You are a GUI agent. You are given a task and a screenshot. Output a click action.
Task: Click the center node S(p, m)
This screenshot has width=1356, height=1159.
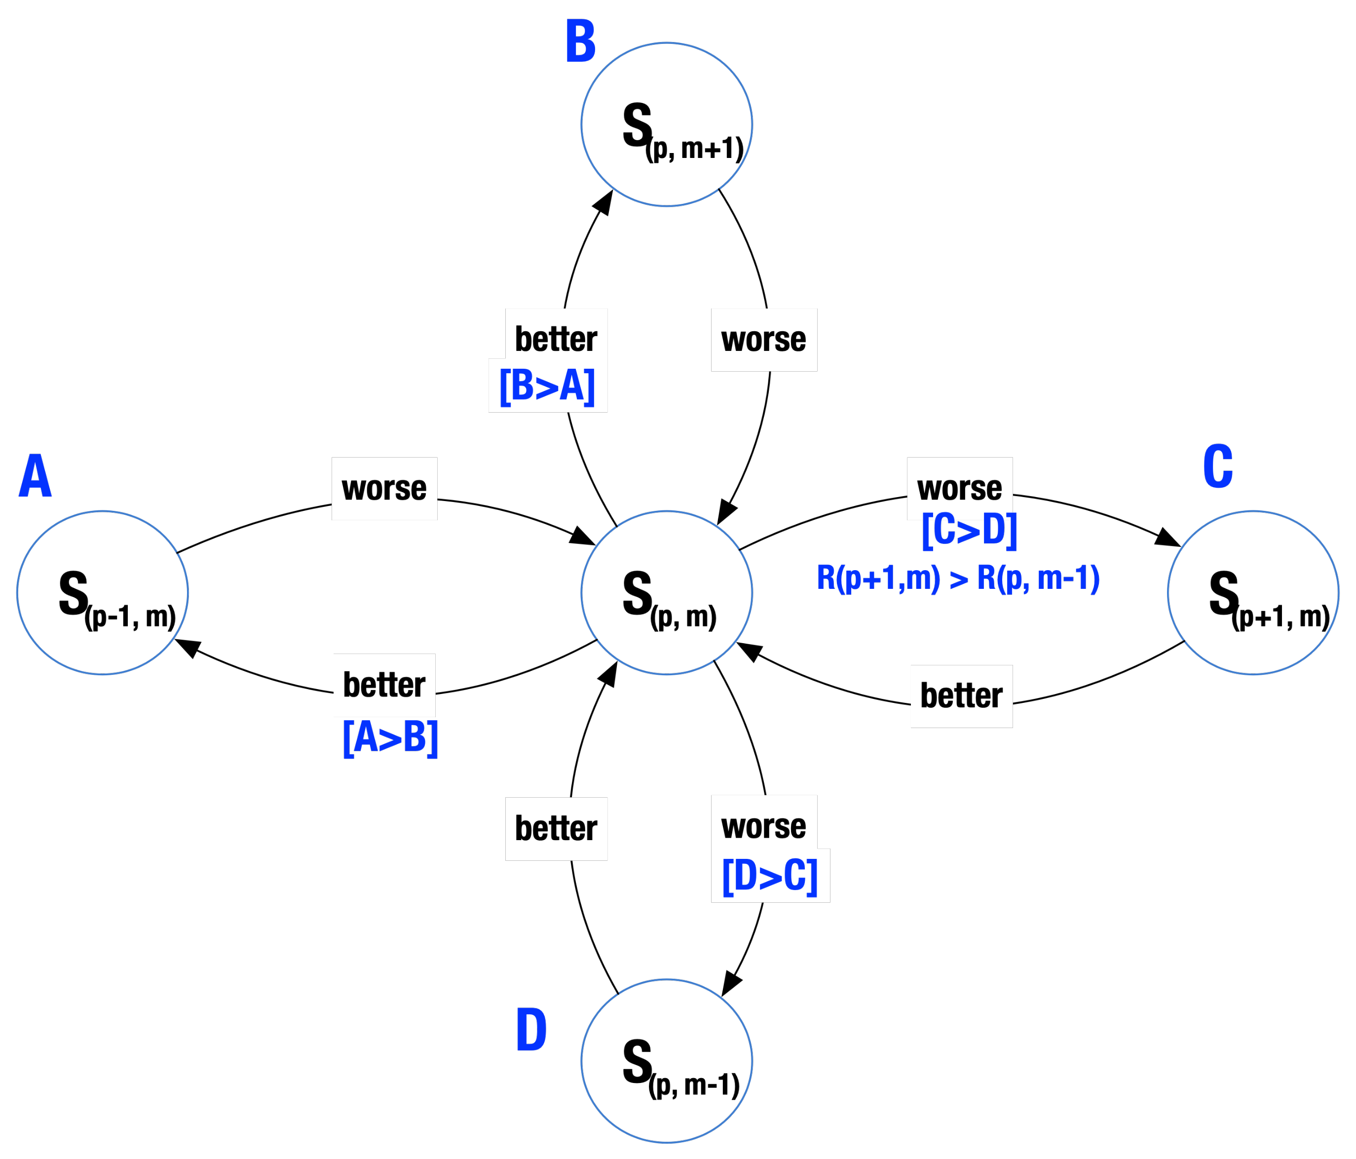pos(666,593)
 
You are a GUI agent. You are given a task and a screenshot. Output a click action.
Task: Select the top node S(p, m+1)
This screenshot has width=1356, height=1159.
pos(666,124)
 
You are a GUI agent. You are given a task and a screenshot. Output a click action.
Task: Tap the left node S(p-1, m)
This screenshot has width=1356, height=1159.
pos(103,593)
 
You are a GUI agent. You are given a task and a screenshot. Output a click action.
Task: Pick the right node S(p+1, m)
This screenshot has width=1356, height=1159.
pos(1252,593)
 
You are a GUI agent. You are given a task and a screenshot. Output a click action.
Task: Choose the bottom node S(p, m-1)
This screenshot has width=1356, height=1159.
pos(666,1061)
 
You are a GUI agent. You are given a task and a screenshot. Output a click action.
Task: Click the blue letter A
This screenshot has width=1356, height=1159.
pos(36,476)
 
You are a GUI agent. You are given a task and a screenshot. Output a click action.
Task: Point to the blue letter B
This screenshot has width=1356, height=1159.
pos(580,41)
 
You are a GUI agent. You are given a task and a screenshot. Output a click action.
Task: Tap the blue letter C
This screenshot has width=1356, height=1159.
pos(1218,466)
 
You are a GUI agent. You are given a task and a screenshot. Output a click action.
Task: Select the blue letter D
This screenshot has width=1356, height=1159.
pos(531,1030)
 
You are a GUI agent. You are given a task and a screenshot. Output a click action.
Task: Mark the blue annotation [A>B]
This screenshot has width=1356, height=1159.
pos(390,737)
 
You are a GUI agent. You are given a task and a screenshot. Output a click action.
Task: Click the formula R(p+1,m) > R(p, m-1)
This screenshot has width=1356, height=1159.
pos(958,578)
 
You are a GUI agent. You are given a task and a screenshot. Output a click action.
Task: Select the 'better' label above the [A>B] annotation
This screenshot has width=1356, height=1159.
pos(384,685)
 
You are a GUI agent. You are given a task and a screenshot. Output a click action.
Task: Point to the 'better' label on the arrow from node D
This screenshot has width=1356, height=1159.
pos(556,828)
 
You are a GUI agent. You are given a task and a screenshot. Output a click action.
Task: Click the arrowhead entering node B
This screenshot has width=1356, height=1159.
pos(603,202)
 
